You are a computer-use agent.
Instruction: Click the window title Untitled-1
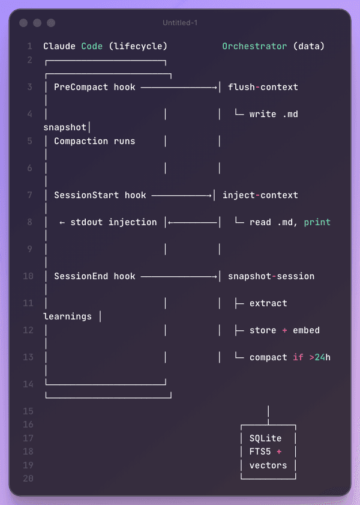click(180, 23)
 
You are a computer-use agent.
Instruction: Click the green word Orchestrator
click(254, 46)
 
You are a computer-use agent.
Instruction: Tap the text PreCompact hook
click(94, 87)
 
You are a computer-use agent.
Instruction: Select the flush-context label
click(263, 87)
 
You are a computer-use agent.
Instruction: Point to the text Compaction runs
click(94, 141)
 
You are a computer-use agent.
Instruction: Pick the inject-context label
click(260, 195)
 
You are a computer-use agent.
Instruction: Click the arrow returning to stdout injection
click(193, 222)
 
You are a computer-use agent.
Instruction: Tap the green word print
click(317, 222)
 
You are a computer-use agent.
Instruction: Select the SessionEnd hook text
click(94, 276)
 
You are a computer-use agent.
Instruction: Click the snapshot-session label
click(271, 276)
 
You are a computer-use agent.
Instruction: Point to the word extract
click(268, 303)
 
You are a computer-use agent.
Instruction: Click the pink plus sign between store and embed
click(284, 330)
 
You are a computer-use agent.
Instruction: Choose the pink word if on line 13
click(298, 357)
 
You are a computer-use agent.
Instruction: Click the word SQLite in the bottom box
click(265, 438)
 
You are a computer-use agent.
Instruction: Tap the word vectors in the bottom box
click(268, 465)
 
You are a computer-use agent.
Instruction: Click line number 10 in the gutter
click(28, 276)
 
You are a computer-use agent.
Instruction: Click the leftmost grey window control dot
click(23, 23)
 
